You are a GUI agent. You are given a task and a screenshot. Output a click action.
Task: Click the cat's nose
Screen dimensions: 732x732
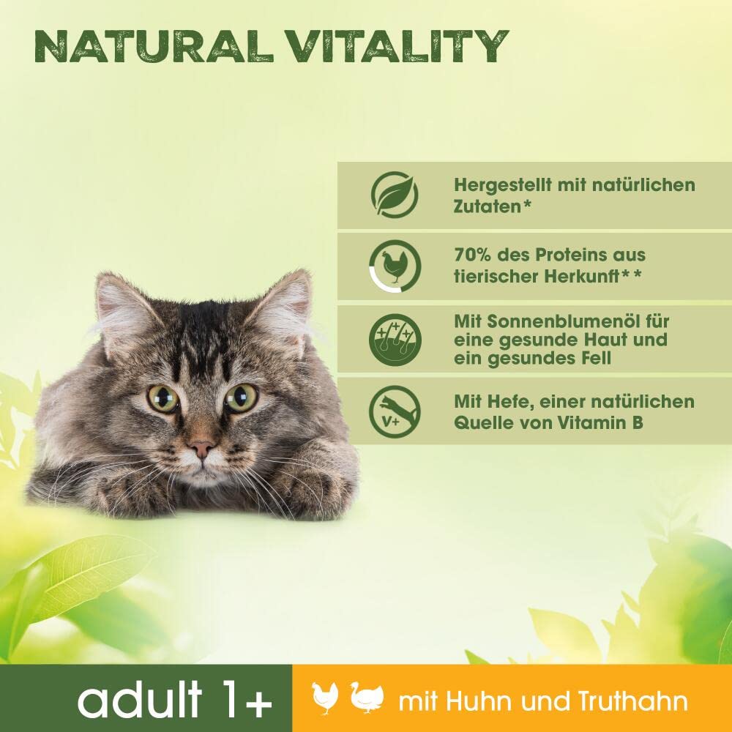pos(201,444)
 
